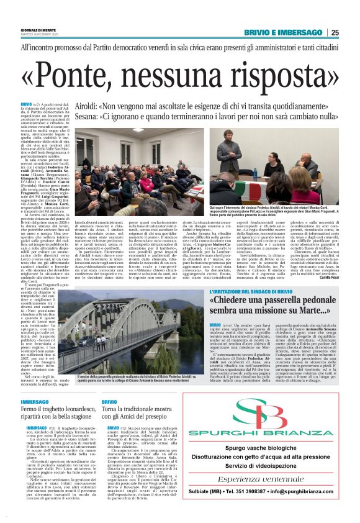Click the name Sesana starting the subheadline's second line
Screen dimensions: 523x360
click(88, 116)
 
